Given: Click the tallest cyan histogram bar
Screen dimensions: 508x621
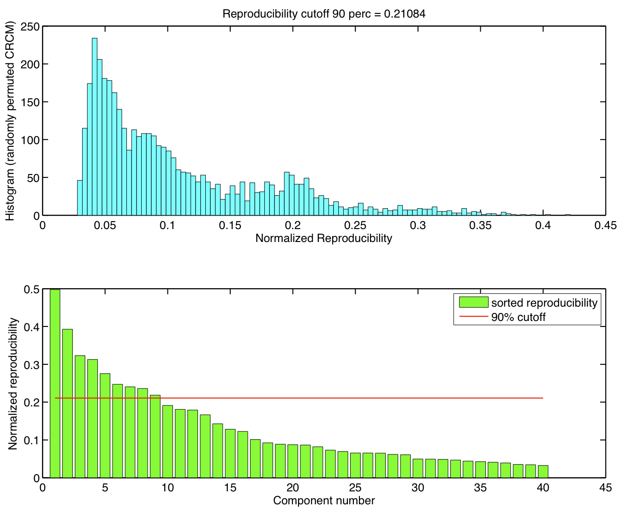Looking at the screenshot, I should [95, 127].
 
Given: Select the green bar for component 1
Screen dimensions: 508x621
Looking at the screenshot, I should [55, 383].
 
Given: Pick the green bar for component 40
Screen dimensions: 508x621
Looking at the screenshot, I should [543, 472].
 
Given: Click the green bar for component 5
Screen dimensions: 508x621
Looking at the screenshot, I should [105, 425].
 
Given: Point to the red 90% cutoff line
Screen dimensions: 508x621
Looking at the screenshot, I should [323, 398].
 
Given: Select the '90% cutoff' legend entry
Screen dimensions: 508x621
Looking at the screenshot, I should [518, 317].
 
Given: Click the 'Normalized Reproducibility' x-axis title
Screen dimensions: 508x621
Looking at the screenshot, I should [323, 238].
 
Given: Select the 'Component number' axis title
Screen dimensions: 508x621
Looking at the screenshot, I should [324, 501].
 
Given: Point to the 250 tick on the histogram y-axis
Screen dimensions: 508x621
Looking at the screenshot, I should [31, 26].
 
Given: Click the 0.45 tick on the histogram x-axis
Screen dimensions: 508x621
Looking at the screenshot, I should [605, 225].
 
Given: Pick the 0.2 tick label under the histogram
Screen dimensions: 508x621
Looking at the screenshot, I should [293, 225].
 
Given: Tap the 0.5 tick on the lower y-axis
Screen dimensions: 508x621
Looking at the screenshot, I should [32, 290].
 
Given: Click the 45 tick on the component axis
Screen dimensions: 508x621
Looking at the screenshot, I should [605, 488].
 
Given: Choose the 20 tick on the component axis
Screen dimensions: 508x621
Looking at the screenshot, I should [293, 488].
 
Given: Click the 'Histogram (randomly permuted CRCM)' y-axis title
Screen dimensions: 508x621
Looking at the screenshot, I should [10, 121].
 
